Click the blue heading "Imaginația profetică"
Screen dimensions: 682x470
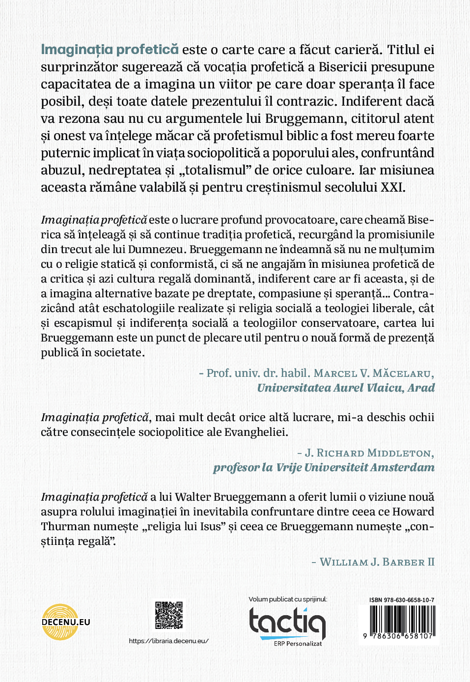click(110, 50)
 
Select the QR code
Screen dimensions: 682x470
click(169, 615)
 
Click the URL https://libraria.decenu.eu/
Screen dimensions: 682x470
click(168, 641)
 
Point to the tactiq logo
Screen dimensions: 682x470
click(287, 622)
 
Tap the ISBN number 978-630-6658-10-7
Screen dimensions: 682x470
click(409, 600)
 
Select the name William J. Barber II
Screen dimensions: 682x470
click(377, 562)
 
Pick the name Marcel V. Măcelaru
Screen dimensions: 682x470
click(374, 373)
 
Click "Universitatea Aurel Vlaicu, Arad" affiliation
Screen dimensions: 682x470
click(346, 388)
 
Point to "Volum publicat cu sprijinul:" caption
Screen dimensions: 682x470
click(288, 599)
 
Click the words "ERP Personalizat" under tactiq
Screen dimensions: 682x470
click(298, 644)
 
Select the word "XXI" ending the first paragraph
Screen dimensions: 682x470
click(391, 187)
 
